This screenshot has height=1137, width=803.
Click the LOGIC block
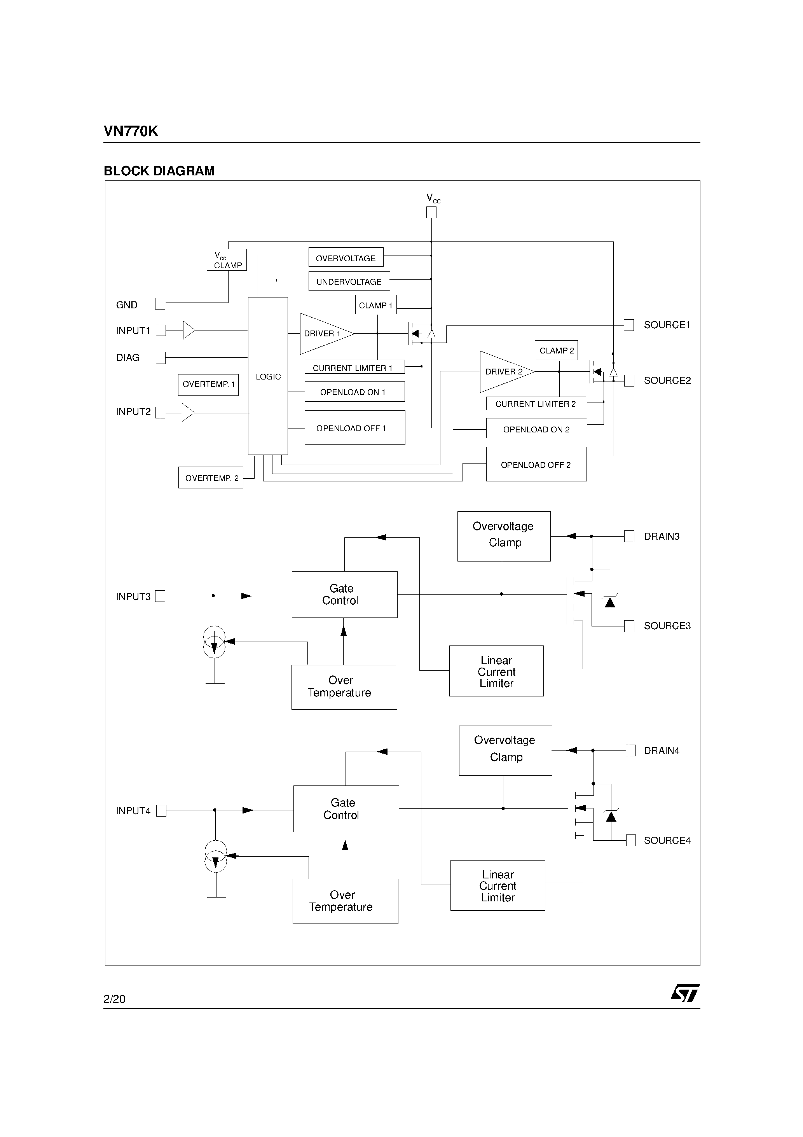[267, 376]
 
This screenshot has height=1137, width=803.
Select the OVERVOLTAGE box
[346, 257]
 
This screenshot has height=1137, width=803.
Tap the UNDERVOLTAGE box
[349, 281]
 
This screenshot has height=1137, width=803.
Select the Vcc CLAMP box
[227, 260]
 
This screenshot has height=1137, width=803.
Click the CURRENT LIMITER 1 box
[354, 367]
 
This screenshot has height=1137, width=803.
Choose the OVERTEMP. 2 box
[211, 478]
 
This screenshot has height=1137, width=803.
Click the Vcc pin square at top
[431, 212]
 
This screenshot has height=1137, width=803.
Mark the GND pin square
[160, 304]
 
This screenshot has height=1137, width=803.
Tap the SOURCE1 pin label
[666, 325]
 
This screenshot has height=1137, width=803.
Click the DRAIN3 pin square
[629, 536]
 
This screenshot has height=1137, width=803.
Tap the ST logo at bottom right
[685, 992]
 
